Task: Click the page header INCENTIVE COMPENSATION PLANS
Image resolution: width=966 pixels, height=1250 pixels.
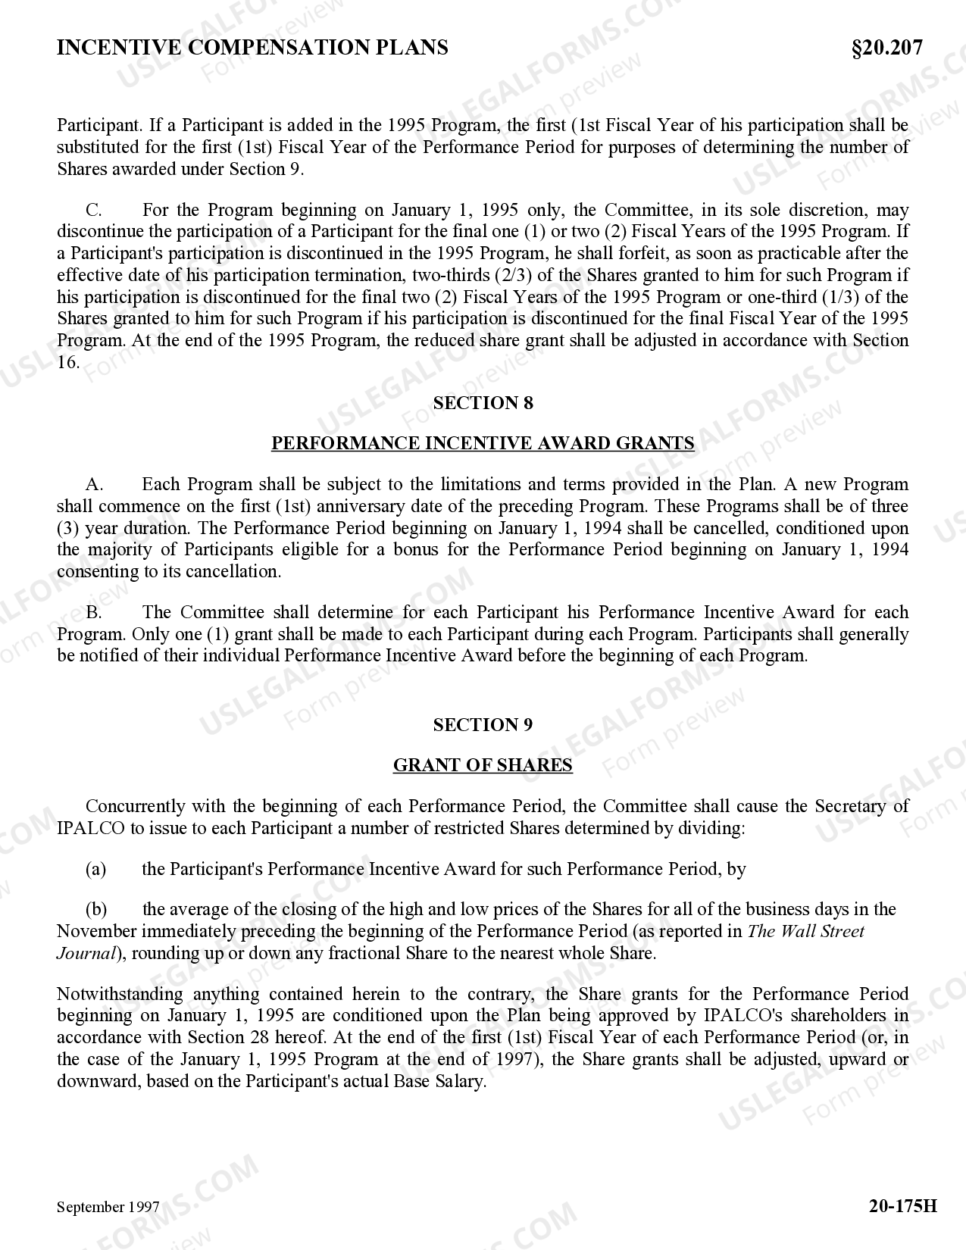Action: pyautogui.click(x=252, y=48)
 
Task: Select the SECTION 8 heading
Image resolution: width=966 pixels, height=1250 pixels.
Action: pyautogui.click(x=483, y=403)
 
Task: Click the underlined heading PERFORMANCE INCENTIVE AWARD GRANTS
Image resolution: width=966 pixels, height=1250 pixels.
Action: pyautogui.click(x=483, y=443)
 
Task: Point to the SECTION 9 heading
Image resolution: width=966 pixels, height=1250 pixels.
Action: pyautogui.click(x=483, y=725)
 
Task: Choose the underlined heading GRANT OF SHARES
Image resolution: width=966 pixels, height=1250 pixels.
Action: pyautogui.click(x=483, y=765)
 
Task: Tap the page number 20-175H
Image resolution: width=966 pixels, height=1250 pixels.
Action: pyautogui.click(x=902, y=1205)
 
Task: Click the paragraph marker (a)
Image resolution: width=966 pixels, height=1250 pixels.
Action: pyautogui.click(x=95, y=869)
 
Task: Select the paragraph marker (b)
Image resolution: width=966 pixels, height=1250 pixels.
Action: pyautogui.click(x=96, y=909)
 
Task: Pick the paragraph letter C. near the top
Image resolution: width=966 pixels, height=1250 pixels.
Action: pyautogui.click(x=94, y=210)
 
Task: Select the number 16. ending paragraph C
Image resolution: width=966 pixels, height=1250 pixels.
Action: pyautogui.click(x=68, y=362)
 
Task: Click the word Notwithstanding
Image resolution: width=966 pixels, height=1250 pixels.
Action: pyautogui.click(x=120, y=994)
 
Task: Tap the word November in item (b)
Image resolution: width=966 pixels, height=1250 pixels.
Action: pyautogui.click(x=96, y=931)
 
